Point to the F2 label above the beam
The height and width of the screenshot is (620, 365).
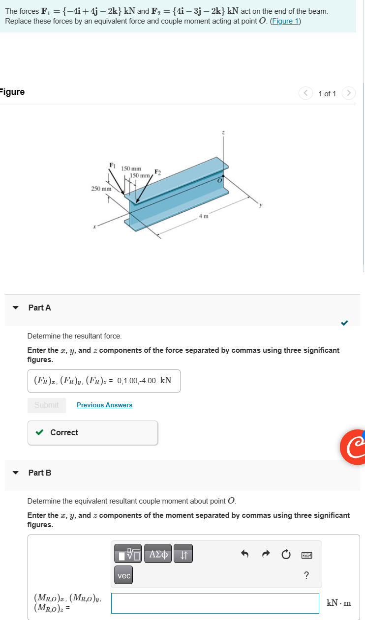click(x=158, y=171)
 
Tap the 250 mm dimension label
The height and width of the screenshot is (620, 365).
click(x=101, y=188)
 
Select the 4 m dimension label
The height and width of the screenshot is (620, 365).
click(x=204, y=216)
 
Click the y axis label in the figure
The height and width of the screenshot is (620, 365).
click(x=262, y=205)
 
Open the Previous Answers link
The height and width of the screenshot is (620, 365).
click(x=104, y=405)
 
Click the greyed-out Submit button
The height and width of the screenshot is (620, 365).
click(x=46, y=405)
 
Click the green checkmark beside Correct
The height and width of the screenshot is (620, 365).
click(x=39, y=432)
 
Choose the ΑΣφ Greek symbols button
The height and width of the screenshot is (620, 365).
click(x=158, y=554)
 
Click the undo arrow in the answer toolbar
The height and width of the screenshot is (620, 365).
click(x=244, y=554)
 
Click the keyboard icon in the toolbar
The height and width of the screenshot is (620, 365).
click(x=306, y=555)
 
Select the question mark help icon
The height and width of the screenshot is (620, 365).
click(x=306, y=575)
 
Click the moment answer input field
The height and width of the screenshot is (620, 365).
click(x=215, y=603)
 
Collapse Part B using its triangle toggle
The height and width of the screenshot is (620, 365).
click(x=16, y=473)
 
